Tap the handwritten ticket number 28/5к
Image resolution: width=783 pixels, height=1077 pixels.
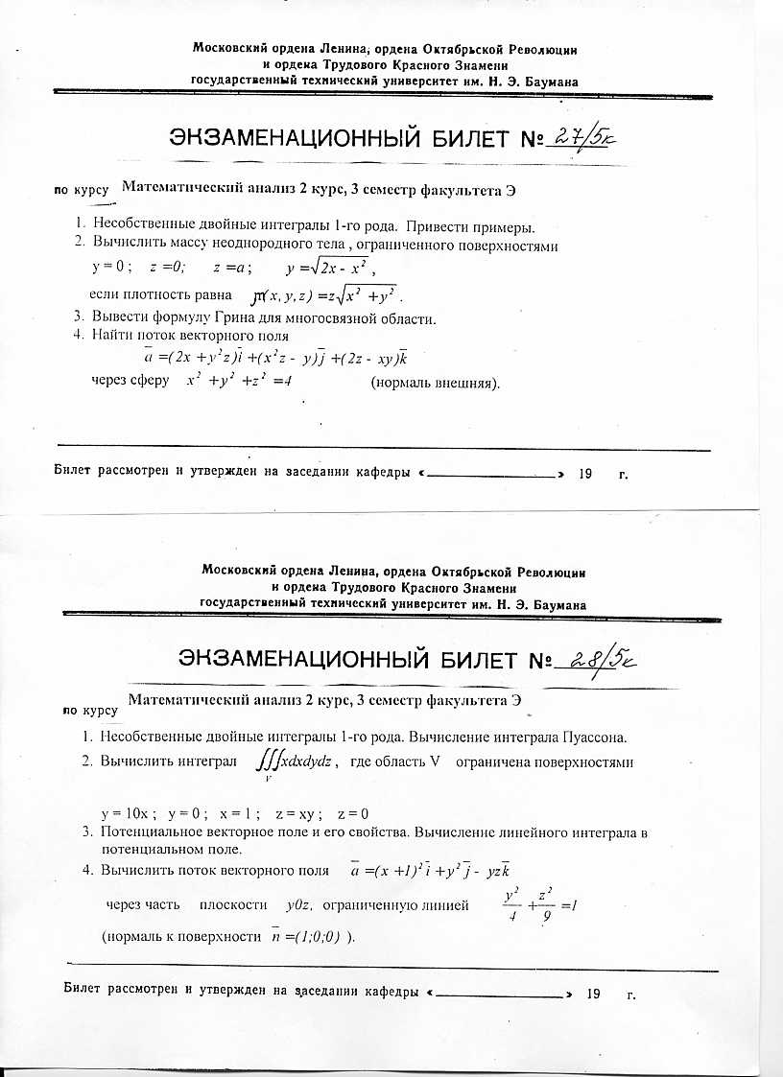pos(590,662)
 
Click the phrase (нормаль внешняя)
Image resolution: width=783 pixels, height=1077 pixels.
pos(436,383)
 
